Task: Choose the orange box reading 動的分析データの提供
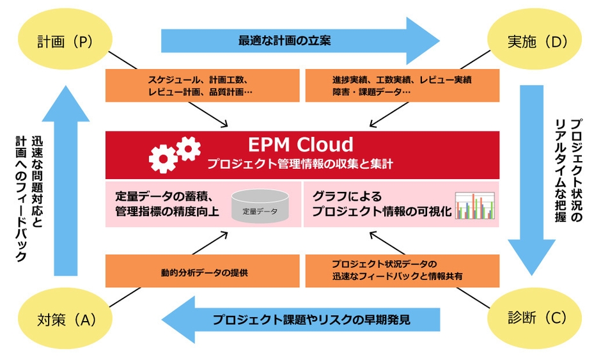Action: point(202,271)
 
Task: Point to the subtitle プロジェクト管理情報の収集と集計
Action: point(300,164)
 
